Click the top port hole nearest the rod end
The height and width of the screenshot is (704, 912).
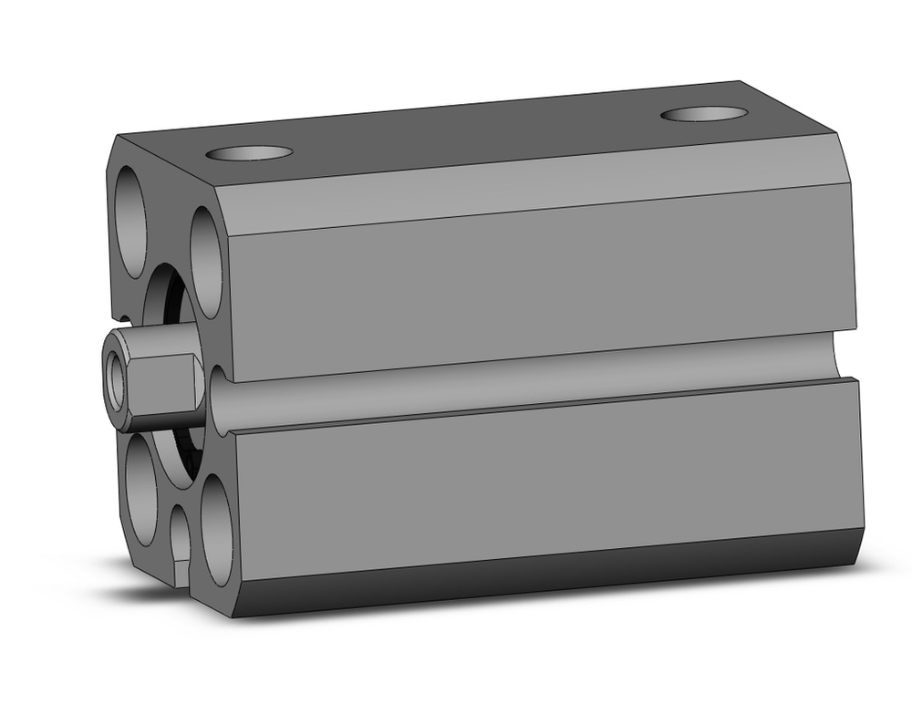click(249, 152)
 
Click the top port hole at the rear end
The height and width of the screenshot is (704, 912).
click(704, 114)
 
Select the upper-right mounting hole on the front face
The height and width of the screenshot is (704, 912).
click(206, 262)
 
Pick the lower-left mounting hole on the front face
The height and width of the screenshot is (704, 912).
click(141, 488)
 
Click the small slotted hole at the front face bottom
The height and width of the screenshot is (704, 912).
click(181, 543)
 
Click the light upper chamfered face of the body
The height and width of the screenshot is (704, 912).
click(538, 192)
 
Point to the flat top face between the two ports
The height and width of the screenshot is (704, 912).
click(474, 132)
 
